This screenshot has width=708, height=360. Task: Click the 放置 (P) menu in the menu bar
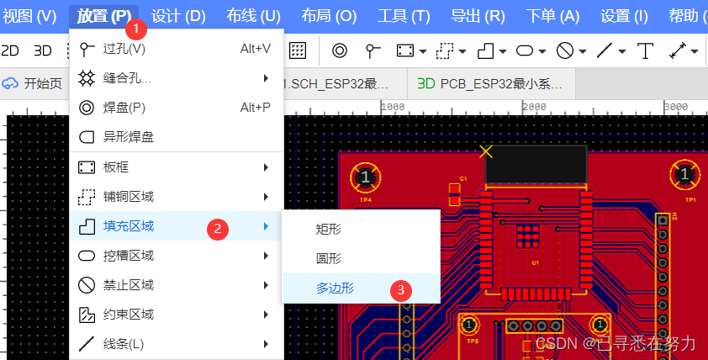click(103, 16)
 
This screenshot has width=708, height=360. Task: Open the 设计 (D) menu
click(178, 16)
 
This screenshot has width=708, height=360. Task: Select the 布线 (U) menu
click(253, 16)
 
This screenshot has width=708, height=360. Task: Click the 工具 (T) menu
click(404, 16)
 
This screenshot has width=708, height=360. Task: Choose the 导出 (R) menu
click(478, 16)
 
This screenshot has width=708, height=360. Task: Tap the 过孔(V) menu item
click(124, 49)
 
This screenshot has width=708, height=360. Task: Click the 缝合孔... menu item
click(127, 78)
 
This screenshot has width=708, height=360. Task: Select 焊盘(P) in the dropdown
click(124, 108)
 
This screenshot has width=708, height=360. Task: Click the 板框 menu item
click(115, 167)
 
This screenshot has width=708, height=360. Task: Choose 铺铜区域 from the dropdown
click(128, 197)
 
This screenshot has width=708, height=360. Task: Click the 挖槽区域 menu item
click(128, 256)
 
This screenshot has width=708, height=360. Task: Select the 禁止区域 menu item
click(128, 285)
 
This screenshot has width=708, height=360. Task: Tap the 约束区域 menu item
click(128, 315)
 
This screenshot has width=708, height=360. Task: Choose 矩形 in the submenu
click(329, 229)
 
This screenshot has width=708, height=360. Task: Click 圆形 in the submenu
click(329, 259)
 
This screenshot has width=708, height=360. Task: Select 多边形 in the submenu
click(335, 288)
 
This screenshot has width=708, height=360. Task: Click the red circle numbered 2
click(219, 227)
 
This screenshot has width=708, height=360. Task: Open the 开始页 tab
click(42, 83)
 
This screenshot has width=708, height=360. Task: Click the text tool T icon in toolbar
click(645, 50)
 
